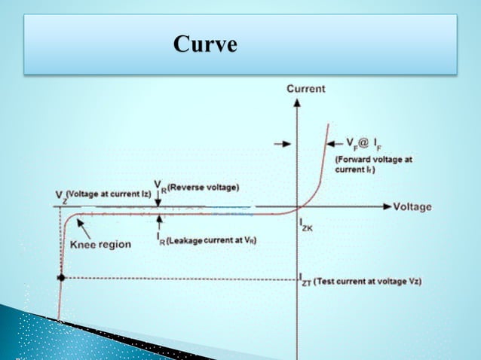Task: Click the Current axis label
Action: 306,89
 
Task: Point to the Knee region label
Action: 100,245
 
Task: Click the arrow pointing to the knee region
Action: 82,227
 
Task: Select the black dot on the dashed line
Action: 62,278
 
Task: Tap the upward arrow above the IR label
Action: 160,220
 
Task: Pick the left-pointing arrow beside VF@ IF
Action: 332,142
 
